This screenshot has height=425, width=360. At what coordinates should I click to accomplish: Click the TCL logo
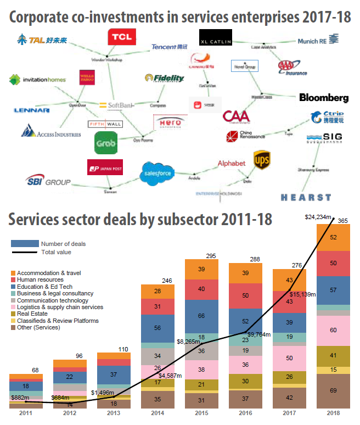click(122, 37)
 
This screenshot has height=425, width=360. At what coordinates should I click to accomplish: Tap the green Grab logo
click(105, 143)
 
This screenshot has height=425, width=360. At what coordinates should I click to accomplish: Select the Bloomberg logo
click(324, 98)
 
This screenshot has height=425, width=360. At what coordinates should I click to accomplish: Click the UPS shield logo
click(261, 160)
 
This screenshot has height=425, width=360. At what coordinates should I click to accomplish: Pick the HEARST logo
click(306, 197)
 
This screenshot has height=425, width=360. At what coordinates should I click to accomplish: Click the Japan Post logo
click(104, 167)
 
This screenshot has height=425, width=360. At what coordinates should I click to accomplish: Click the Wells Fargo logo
click(89, 79)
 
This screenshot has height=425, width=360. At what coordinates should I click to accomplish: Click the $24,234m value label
click(318, 217)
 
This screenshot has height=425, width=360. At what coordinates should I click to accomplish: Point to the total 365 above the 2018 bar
click(343, 220)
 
